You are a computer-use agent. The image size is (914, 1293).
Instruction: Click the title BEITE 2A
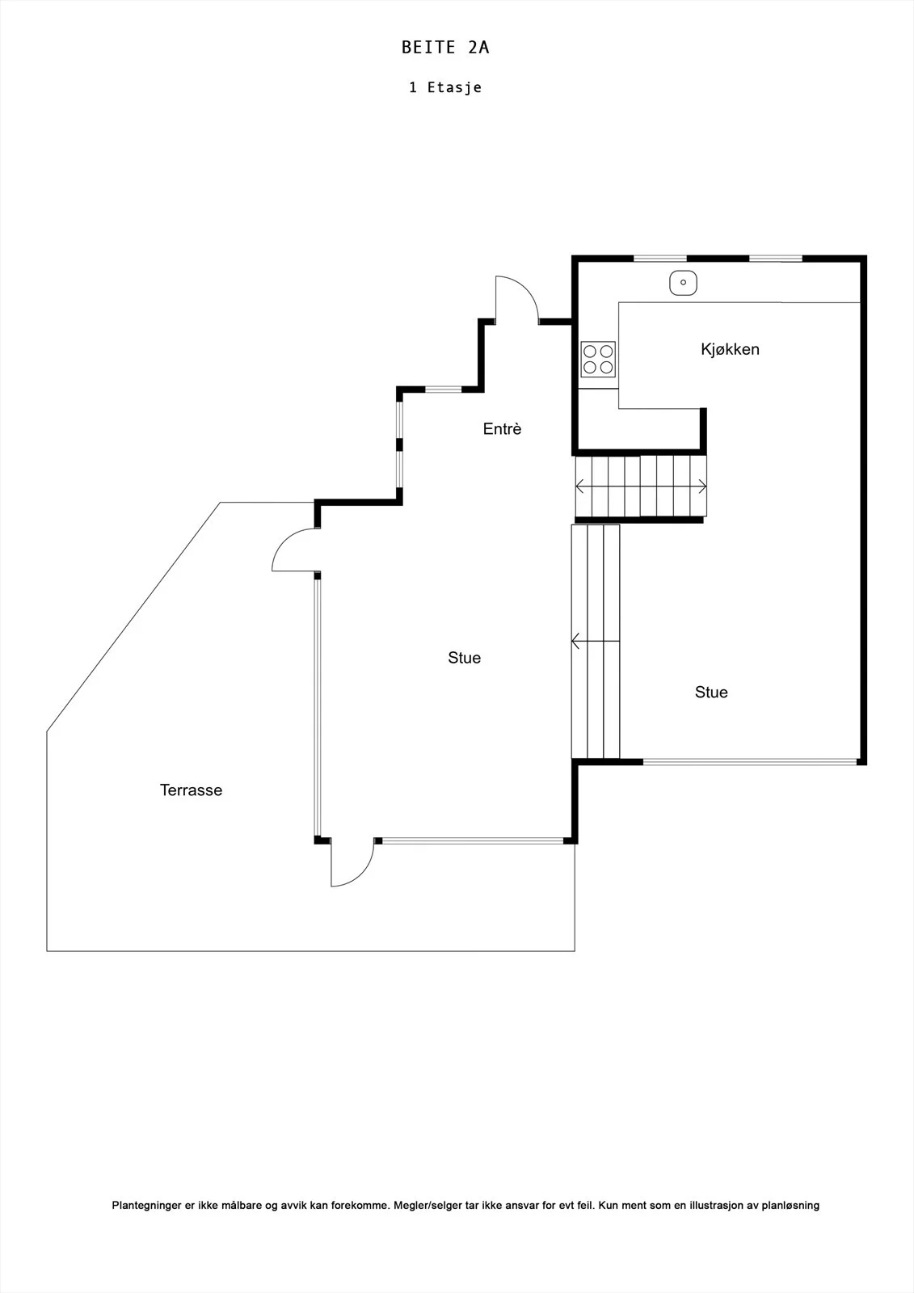445,48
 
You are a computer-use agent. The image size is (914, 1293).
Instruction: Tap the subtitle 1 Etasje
445,87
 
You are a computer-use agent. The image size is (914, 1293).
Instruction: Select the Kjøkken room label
730,349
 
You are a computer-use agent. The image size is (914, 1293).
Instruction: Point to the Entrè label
503,429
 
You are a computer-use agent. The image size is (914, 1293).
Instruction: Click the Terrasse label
191,790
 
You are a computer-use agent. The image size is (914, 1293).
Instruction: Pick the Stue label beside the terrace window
464,658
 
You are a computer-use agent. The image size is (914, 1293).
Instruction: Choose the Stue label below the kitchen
711,692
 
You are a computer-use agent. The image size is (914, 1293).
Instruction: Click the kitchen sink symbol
683,283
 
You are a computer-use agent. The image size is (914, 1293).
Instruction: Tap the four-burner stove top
598,359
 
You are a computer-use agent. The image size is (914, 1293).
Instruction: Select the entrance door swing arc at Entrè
527,289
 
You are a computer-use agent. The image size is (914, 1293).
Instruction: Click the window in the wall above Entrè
444,390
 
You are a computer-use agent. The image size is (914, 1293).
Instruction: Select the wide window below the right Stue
750,762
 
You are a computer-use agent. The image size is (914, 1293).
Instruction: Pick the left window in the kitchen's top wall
660,258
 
